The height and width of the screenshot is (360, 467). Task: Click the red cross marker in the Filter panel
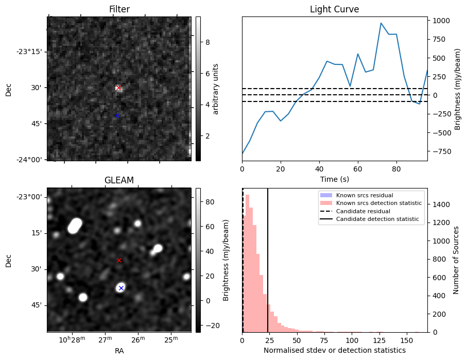[118, 88]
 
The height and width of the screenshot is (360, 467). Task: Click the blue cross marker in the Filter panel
[117, 115]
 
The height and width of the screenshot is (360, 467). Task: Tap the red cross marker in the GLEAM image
[119, 261]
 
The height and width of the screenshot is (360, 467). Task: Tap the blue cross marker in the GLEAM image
[121, 288]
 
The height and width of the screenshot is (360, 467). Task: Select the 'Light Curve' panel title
[334, 9]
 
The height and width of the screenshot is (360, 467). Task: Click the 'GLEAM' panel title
[119, 180]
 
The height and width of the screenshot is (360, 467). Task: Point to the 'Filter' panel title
[119, 9]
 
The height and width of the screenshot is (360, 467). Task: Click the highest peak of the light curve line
[381, 23]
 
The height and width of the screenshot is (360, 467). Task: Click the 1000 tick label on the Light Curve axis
[441, 21]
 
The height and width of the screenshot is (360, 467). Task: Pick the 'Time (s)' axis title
[334, 178]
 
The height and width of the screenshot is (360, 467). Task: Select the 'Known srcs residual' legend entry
[365, 195]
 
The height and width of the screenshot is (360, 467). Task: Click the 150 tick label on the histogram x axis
[407, 340]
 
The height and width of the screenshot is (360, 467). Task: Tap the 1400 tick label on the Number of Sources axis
[441, 204]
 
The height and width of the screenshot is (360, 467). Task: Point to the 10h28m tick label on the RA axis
[72, 340]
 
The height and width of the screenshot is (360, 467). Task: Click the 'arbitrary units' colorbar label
[216, 89]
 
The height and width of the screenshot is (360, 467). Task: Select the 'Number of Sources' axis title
[456, 260]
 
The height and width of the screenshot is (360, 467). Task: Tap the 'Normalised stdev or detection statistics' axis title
[334, 350]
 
